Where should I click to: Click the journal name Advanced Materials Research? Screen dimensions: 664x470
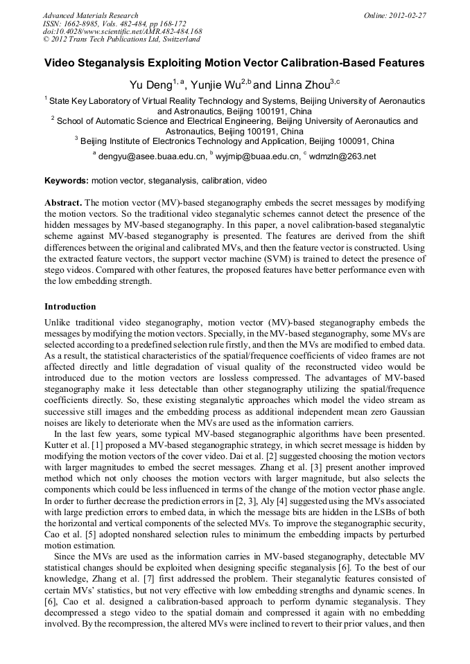pyautogui.click(x=91, y=15)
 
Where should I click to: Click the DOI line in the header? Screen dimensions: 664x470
pyautogui.click(x=122, y=31)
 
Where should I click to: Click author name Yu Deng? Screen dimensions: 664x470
pyautogui.click(x=148, y=85)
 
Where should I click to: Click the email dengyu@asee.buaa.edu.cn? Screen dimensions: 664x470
pyautogui.click(x=152, y=156)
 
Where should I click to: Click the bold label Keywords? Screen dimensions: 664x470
pyautogui.click(x=67, y=180)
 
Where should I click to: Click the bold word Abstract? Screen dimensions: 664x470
pyautogui.click(x=63, y=203)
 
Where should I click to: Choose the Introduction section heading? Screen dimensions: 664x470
pyautogui.click(x=70, y=306)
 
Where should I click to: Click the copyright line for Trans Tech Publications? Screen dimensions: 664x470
pyautogui.click(x=121, y=39)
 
